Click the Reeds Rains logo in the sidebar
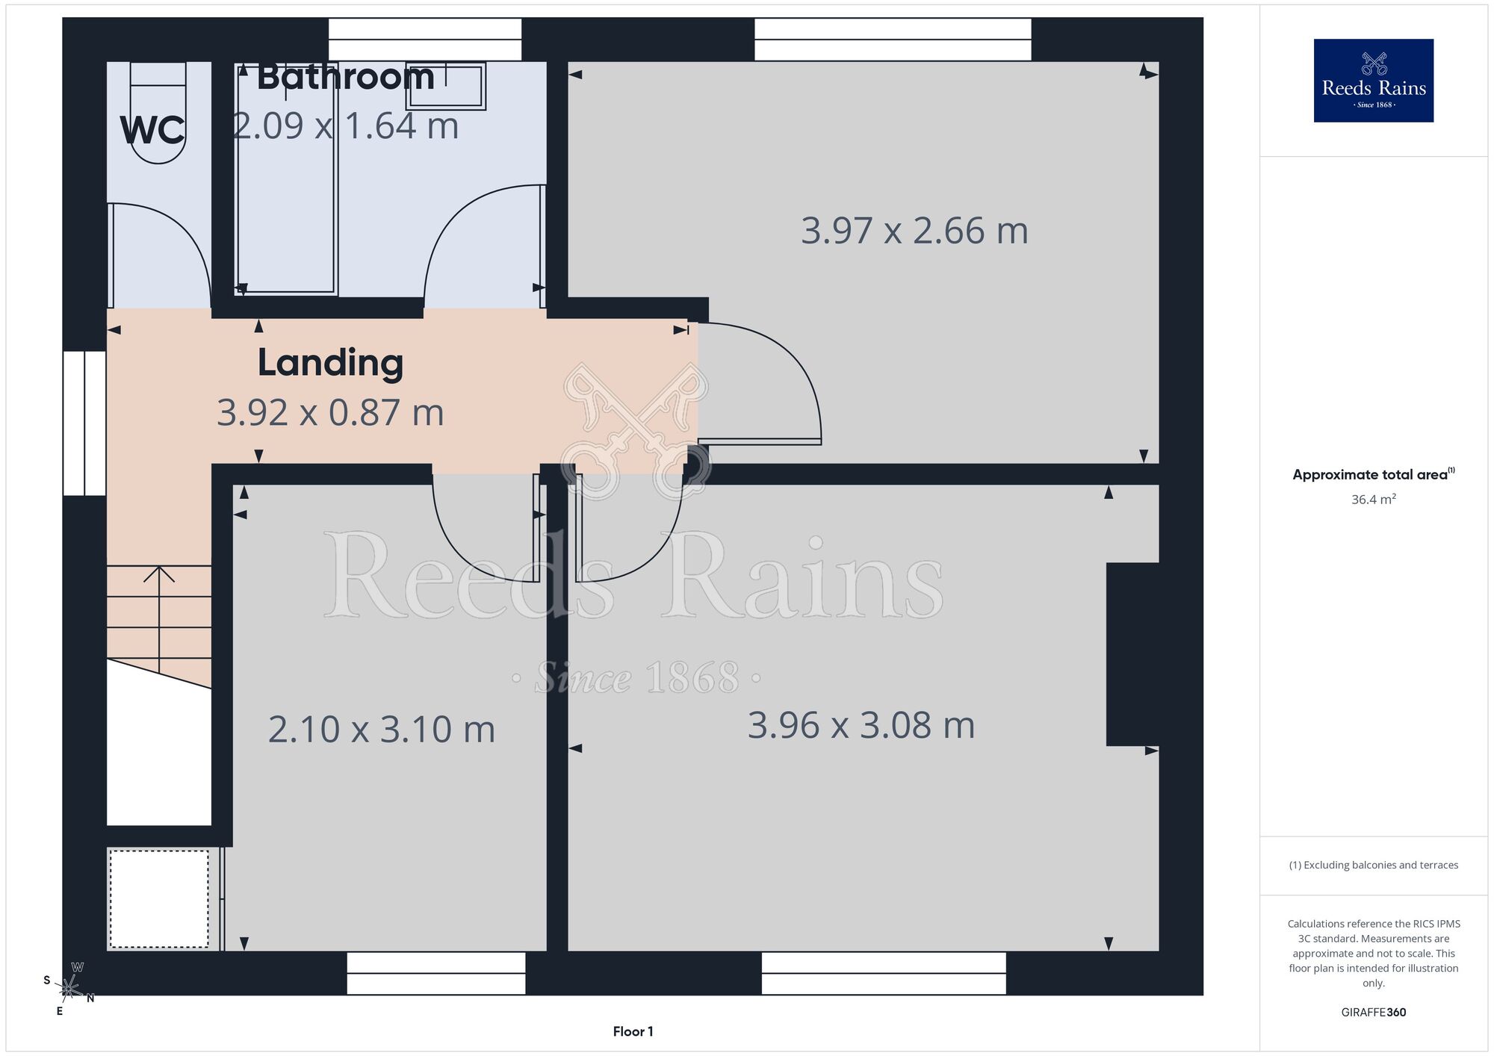click(1373, 80)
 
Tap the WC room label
click(152, 131)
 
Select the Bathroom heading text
click(346, 77)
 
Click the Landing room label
click(330, 363)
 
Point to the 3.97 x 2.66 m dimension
click(914, 231)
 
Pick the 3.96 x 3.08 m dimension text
click(861, 725)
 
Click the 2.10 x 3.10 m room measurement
click(382, 729)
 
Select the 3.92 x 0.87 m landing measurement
click(330, 412)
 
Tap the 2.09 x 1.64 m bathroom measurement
click(345, 125)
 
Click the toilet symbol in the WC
click(158, 113)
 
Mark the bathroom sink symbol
click(445, 86)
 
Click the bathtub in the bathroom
click(286, 178)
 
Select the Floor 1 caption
click(633, 1031)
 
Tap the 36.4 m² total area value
click(1373, 499)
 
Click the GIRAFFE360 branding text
click(1373, 1012)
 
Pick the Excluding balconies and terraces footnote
click(1373, 865)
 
